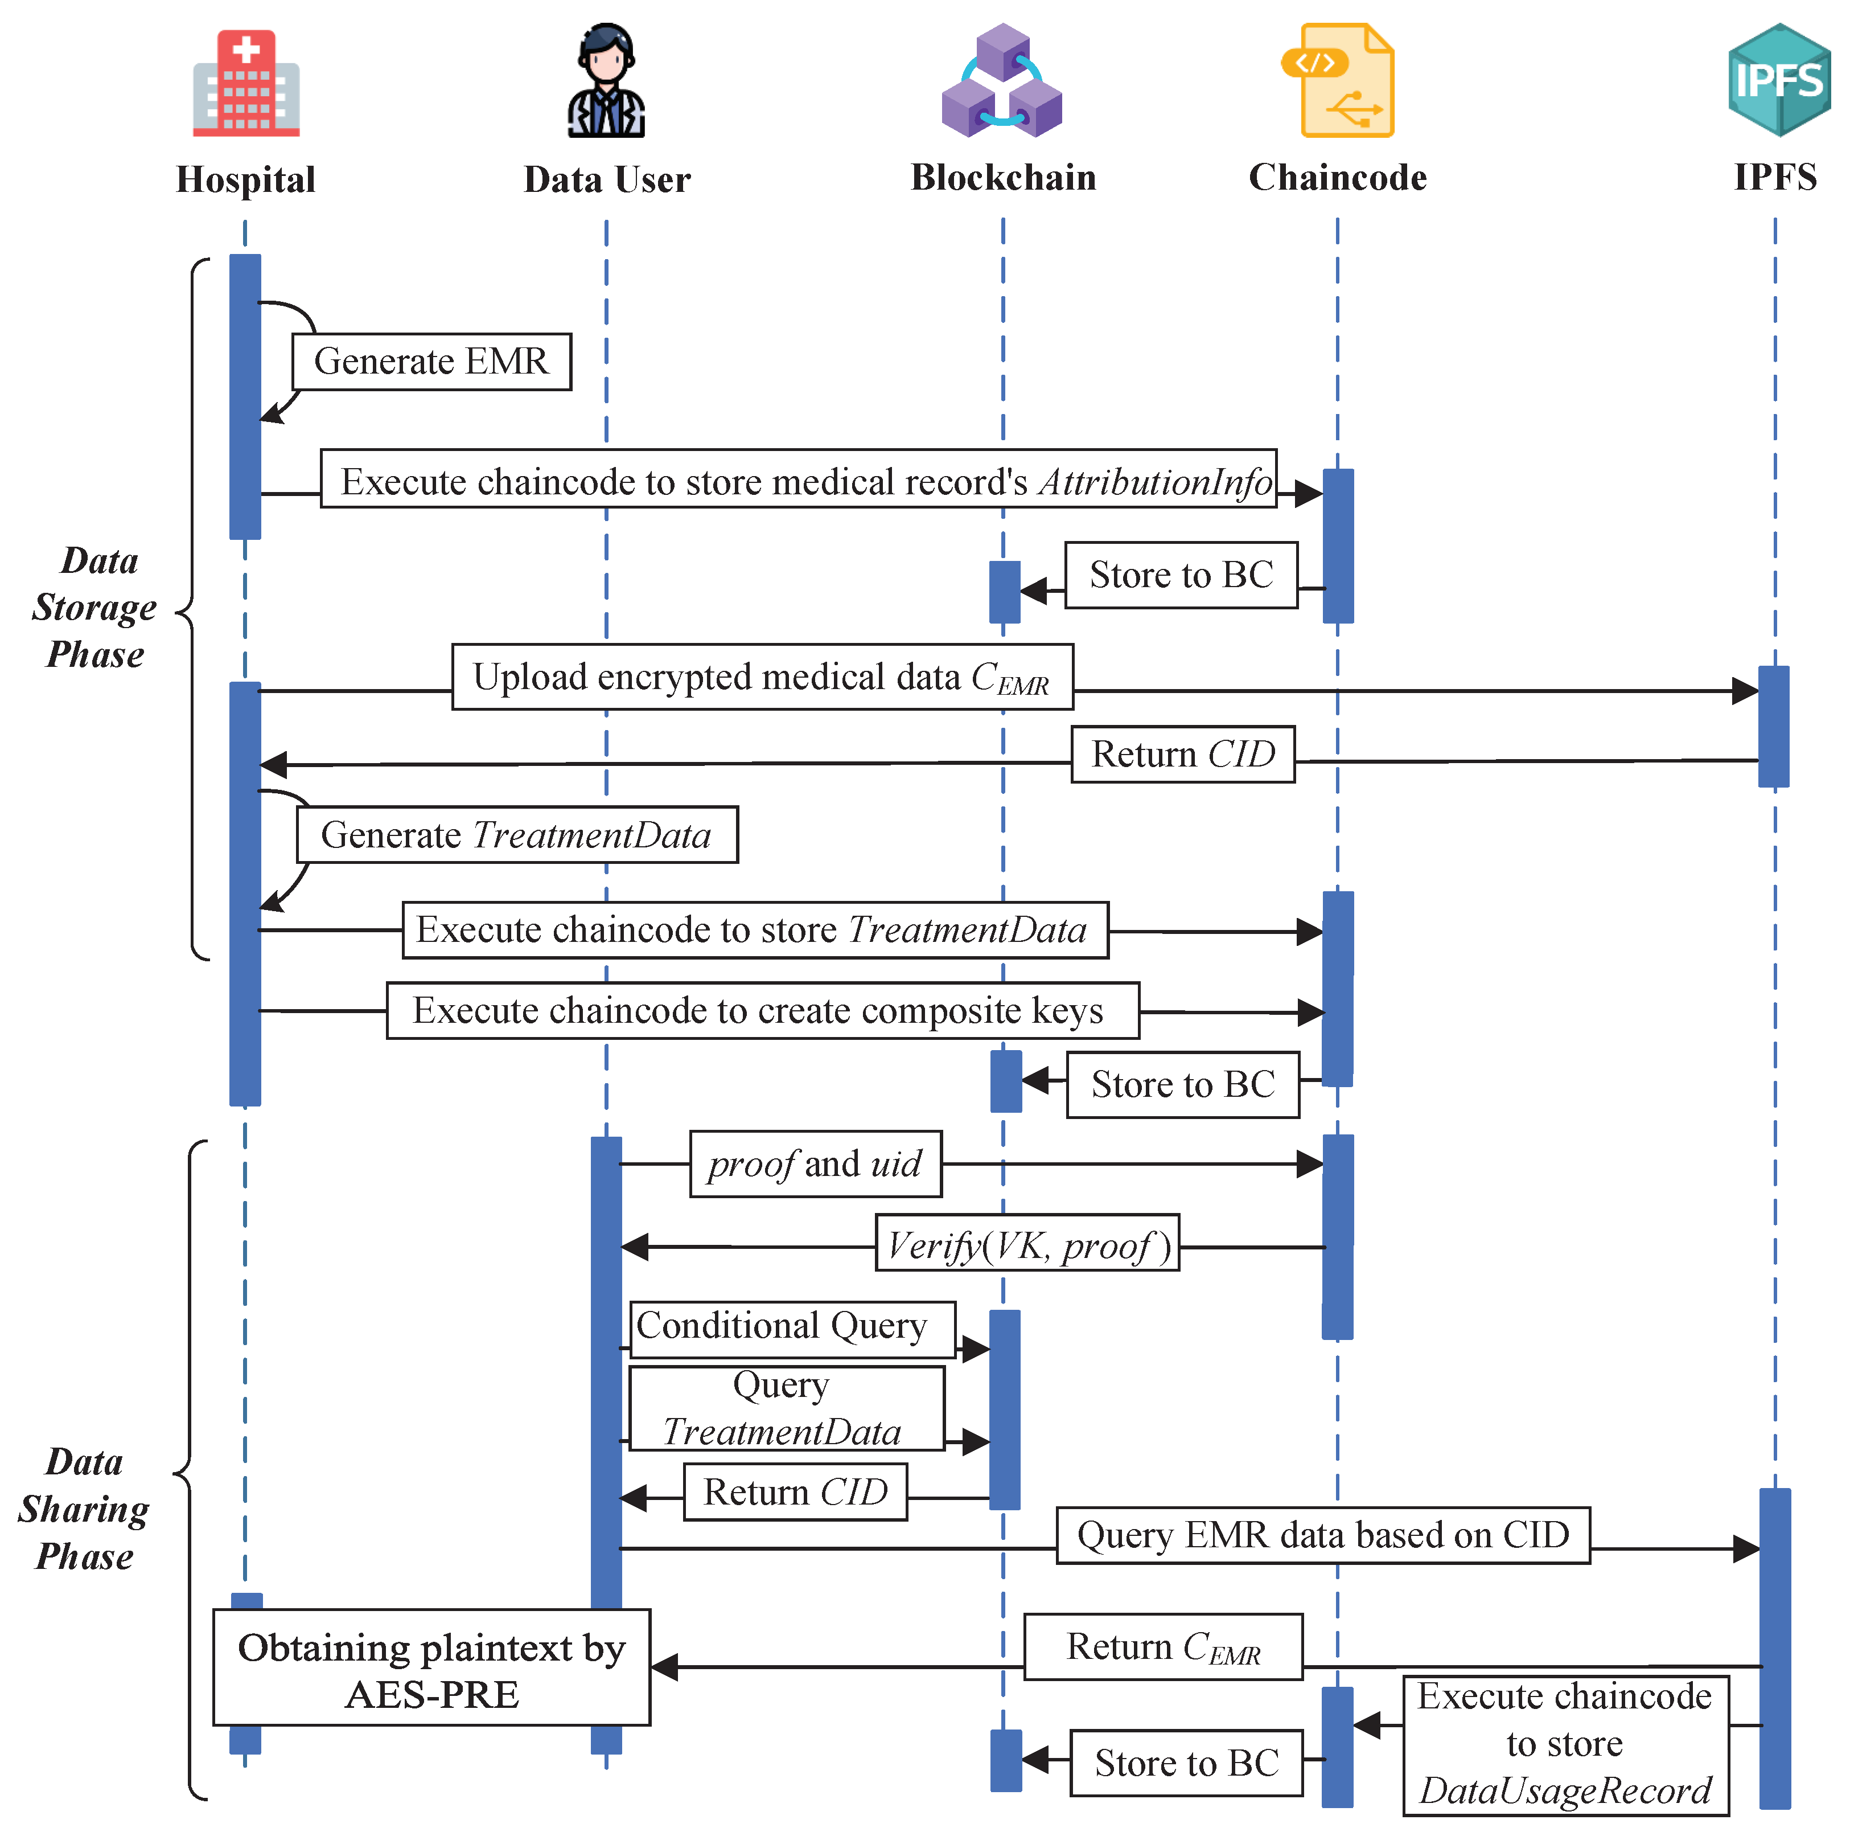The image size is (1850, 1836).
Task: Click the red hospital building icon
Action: pyautogui.click(x=246, y=83)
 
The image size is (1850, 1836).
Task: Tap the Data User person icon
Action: pyautogui.click(x=606, y=81)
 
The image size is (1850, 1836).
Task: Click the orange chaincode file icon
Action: pyautogui.click(x=1338, y=81)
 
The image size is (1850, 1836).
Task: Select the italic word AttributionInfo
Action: pyautogui.click(x=1156, y=482)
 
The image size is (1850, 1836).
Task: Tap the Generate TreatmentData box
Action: pyautogui.click(x=516, y=835)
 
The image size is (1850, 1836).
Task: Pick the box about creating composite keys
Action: pyautogui.click(x=762, y=1010)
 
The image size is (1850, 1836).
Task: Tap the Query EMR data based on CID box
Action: pyautogui.click(x=1322, y=1535)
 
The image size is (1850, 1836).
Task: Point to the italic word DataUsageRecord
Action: pyautogui.click(x=1565, y=1790)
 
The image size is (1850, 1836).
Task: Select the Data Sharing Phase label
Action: pyautogui.click(x=84, y=1510)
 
